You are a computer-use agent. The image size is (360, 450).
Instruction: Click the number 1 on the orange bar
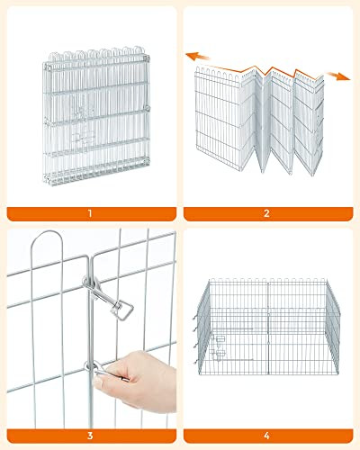[90, 213]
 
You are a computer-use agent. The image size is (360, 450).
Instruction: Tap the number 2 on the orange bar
[266, 213]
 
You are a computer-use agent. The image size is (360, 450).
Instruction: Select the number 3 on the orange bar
[90, 436]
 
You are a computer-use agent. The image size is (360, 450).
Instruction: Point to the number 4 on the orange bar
[266, 436]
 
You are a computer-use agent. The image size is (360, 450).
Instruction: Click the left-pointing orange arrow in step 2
[197, 57]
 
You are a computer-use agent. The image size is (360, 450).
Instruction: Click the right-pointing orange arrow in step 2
[338, 76]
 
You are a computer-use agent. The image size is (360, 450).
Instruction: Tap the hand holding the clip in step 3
[135, 381]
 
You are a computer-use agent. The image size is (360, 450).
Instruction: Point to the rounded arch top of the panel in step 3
[47, 232]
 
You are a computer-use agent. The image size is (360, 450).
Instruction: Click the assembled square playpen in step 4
[267, 327]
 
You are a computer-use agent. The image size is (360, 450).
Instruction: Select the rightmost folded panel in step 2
[309, 123]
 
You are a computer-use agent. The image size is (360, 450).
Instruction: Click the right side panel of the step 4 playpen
[333, 327]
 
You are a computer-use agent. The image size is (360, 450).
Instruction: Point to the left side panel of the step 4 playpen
[202, 326]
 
